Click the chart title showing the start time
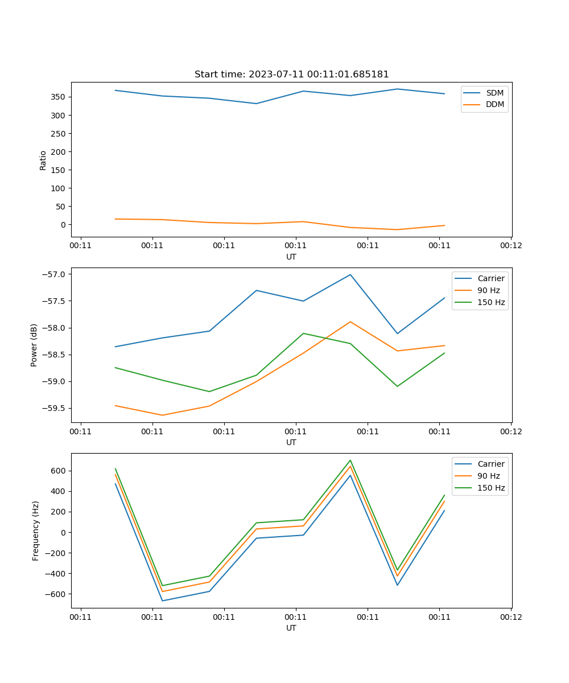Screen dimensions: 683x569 click(x=291, y=75)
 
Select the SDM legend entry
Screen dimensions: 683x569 click(x=494, y=93)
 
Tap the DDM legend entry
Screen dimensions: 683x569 click(x=494, y=104)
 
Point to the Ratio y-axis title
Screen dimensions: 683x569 click(x=43, y=160)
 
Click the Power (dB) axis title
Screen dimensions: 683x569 click(x=34, y=345)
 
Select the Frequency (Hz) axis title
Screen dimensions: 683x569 click(x=36, y=530)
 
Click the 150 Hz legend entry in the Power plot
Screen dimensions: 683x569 click(x=491, y=302)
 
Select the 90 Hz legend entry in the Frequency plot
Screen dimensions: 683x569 click(x=489, y=476)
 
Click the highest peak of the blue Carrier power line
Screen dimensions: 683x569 click(x=351, y=274)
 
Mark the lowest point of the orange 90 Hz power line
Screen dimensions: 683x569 click(x=162, y=415)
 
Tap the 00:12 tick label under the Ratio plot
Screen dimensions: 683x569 click(x=510, y=246)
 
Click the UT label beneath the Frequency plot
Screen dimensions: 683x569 click(x=291, y=628)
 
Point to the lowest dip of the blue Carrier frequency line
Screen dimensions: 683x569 click(x=162, y=600)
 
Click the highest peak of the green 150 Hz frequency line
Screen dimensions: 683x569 click(x=351, y=460)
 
